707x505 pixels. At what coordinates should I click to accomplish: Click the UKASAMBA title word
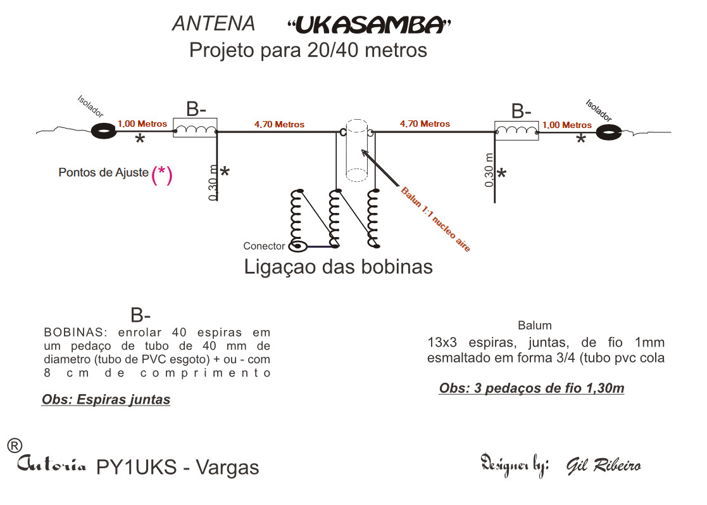(369, 25)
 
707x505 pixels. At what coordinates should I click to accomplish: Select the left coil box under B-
(196, 130)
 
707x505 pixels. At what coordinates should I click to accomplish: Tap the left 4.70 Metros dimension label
(279, 124)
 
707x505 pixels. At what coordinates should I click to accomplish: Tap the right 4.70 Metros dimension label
(425, 124)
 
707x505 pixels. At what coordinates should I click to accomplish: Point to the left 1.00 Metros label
(142, 124)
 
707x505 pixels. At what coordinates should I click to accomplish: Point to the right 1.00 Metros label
(567, 125)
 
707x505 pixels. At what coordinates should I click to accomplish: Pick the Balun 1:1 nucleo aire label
(435, 219)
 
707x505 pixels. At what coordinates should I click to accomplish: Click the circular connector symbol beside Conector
(297, 246)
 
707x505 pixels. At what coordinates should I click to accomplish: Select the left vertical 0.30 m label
(213, 182)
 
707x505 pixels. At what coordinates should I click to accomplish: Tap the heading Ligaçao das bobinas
(338, 267)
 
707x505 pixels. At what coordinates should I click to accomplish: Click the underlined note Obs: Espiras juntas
(106, 400)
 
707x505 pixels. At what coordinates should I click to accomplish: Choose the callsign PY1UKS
(136, 468)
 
